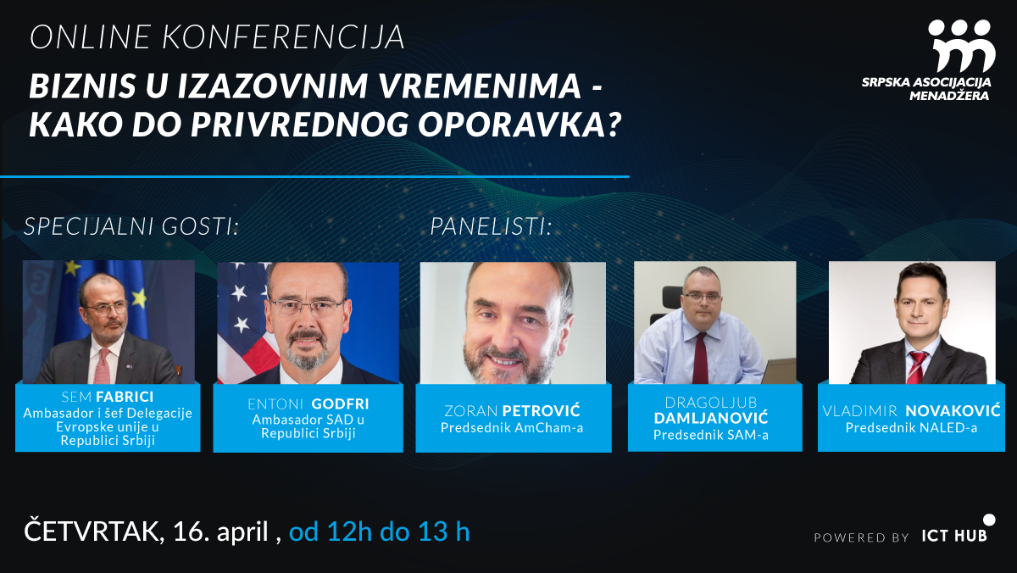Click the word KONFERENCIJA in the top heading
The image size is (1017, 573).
[283, 36]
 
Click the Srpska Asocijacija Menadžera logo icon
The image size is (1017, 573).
[962, 46]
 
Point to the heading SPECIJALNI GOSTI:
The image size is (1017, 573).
[131, 226]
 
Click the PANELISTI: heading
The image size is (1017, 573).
[491, 226]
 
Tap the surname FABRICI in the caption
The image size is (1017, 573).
[125, 397]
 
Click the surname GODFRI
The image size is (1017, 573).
[340, 404]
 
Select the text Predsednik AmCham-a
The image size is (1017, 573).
[512, 428]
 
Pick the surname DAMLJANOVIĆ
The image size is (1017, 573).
[711, 418]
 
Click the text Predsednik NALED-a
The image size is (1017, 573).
[911, 428]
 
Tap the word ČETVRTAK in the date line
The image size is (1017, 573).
[94, 531]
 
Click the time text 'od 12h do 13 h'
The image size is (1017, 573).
[379, 531]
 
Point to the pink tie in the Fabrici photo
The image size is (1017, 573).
[103, 365]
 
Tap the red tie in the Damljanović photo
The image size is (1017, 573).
[700, 358]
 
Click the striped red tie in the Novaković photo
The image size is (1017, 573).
[916, 367]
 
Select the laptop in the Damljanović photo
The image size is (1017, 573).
[779, 371]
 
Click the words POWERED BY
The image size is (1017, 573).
[861, 537]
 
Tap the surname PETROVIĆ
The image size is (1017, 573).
[542, 411]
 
